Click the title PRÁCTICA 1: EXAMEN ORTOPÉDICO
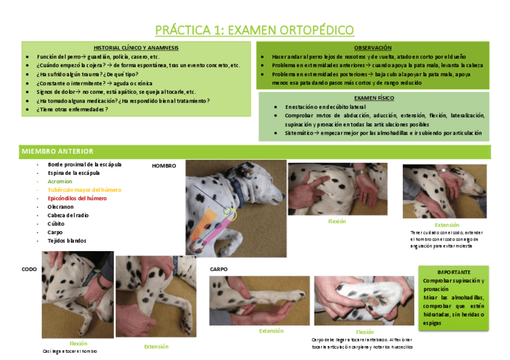pos(254,30)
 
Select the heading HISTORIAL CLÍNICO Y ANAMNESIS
pos(136,47)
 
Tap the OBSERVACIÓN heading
pos(373,47)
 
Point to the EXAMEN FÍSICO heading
pos(373,97)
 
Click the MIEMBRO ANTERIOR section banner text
pos(57,151)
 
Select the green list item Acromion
pos(60,181)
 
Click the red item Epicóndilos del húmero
pos(77,198)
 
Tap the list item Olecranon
pos(61,207)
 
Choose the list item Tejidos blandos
pos(67,240)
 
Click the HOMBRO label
pos(164,165)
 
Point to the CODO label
pos(29,270)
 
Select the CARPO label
pos(219,269)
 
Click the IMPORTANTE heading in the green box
pos(454,272)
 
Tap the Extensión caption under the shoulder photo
pos(447,225)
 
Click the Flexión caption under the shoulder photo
pos(337,221)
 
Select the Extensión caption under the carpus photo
pos(271,331)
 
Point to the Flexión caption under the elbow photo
pos(78,343)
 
